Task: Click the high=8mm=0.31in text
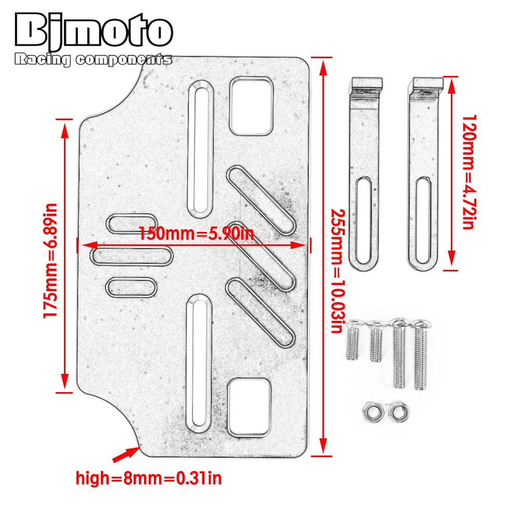149,477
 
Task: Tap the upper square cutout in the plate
251,105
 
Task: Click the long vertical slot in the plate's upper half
200,149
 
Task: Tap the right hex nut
398,413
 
